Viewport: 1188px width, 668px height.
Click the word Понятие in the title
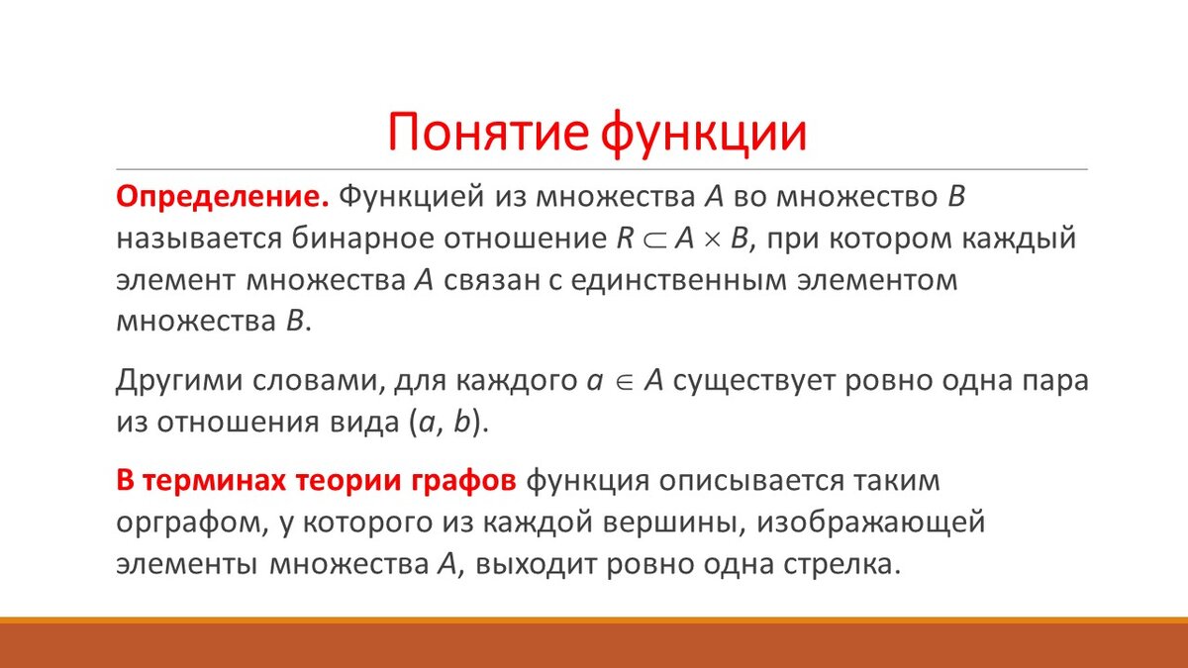(x=488, y=132)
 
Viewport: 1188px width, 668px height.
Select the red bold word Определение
(x=223, y=197)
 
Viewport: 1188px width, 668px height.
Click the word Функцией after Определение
(x=412, y=197)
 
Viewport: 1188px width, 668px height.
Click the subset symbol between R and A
(x=654, y=240)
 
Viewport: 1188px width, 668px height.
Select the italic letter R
(x=626, y=239)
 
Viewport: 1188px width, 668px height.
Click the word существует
(x=753, y=381)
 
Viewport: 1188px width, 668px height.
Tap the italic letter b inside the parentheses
(x=462, y=422)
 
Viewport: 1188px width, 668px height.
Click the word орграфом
(x=192, y=523)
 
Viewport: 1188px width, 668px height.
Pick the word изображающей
(x=871, y=522)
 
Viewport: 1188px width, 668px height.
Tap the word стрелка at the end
(x=842, y=563)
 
